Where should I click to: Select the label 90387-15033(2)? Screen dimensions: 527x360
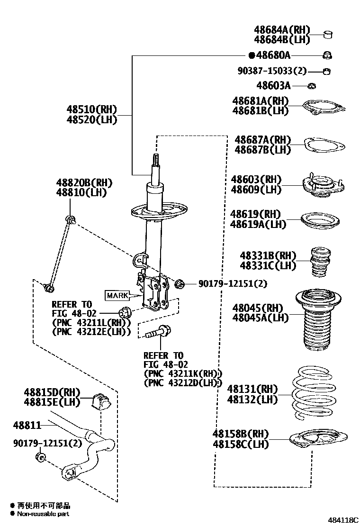(272, 71)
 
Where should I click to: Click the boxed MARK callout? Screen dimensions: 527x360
(117, 295)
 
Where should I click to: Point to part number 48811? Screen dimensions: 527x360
(27, 425)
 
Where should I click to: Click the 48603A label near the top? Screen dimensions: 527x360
(273, 86)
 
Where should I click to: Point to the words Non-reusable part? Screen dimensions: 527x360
(44, 514)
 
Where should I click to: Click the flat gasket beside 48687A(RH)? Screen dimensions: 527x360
(323, 145)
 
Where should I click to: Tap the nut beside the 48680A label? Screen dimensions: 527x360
(327, 55)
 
